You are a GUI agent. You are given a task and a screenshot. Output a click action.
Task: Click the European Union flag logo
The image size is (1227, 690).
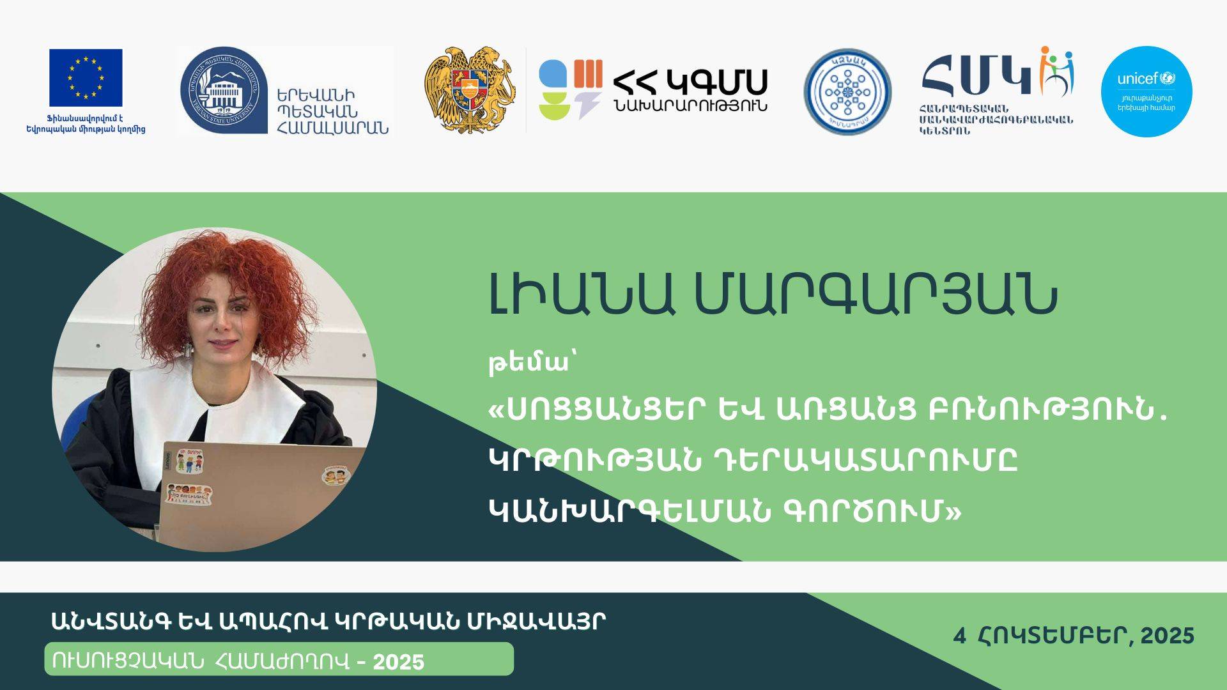tap(86, 77)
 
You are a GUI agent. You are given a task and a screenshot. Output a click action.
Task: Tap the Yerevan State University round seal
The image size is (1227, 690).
tap(223, 90)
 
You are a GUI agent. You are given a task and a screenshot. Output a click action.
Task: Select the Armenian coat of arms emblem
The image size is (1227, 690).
tap(470, 89)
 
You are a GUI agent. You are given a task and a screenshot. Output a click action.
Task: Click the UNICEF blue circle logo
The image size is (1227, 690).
tap(1146, 91)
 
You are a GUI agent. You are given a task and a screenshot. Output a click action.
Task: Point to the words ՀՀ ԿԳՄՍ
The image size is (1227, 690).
tap(690, 81)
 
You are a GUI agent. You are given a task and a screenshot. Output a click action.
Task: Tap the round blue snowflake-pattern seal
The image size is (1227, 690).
tap(847, 92)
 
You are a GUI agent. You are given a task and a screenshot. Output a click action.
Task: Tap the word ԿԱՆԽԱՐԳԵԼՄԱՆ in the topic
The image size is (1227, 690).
tap(629, 510)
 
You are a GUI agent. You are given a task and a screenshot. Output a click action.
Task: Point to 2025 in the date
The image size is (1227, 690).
tap(1167, 636)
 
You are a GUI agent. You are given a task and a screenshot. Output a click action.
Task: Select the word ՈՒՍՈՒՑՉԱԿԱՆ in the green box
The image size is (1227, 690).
tap(128, 661)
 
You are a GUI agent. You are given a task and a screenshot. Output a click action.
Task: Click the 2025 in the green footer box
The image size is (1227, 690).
tap(399, 662)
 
